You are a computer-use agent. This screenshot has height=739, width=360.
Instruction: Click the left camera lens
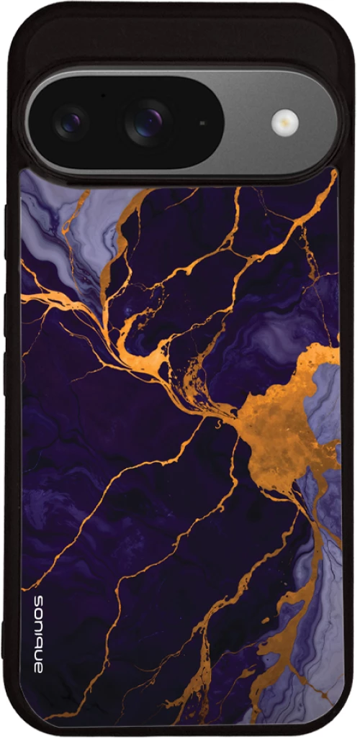[x=71, y=122]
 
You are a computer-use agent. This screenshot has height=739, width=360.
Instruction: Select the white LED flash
[x=285, y=122]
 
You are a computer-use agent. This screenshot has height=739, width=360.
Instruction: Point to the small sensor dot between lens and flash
[x=202, y=123]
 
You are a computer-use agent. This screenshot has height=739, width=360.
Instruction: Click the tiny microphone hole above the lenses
[x=103, y=94]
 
